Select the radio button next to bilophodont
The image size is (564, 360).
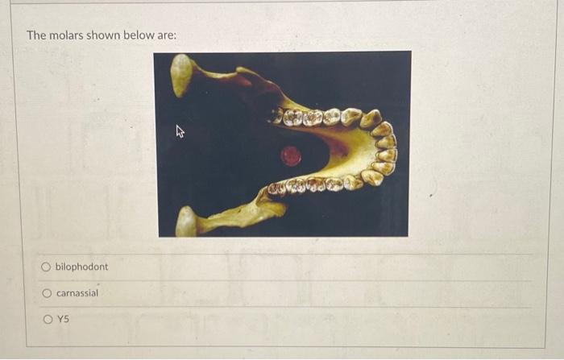47,267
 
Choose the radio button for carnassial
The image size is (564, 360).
47,293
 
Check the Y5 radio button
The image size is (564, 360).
47,319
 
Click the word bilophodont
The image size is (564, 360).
81,267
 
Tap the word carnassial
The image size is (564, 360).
77,293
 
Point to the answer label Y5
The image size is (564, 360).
63,319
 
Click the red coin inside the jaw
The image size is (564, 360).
290,155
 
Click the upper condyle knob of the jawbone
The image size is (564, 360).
182,74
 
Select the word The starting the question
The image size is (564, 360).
37,36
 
